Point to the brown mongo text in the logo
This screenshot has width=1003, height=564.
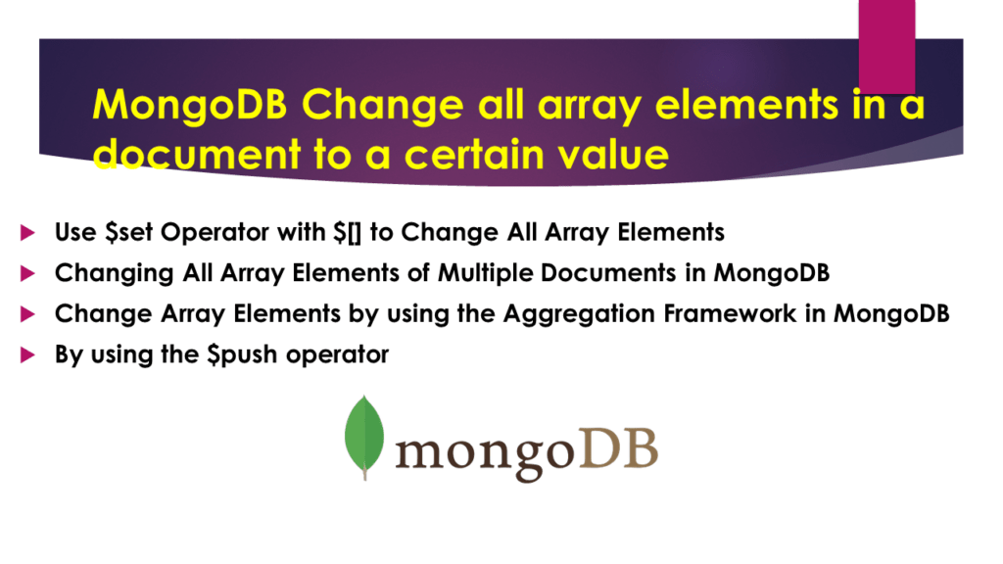[483, 452]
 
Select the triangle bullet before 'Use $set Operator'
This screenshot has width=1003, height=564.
[26, 233]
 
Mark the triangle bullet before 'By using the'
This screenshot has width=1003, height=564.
[26, 354]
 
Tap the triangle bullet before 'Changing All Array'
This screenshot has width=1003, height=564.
[26, 273]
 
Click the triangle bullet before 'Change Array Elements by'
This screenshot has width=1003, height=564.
[26, 314]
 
